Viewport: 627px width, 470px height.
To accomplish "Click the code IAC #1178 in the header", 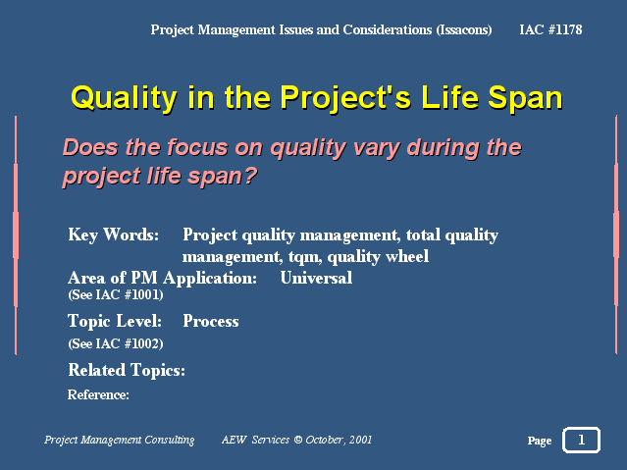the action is pyautogui.click(x=550, y=29).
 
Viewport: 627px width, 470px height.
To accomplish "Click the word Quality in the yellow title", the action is pyautogui.click(x=124, y=98).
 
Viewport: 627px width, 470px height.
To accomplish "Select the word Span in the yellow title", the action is pyautogui.click(x=525, y=98).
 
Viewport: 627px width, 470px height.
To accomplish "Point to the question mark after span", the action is pyautogui.click(x=251, y=176).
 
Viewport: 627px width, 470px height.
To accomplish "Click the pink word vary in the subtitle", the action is pyautogui.click(x=376, y=148).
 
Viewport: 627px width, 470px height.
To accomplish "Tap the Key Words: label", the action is pyautogui.click(x=114, y=235).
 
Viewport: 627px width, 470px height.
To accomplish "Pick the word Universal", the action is pyautogui.click(x=316, y=278).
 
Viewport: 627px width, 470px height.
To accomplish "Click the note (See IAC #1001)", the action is pyautogui.click(x=116, y=294).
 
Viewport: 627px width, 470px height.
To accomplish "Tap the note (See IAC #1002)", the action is pyautogui.click(x=116, y=343).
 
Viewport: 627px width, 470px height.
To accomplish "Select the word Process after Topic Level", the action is pyautogui.click(x=211, y=321).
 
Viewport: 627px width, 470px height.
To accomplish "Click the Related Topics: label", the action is pyautogui.click(x=127, y=370).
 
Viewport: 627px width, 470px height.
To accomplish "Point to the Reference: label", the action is pyautogui.click(x=98, y=394).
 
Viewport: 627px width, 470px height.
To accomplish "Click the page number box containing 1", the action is pyautogui.click(x=582, y=440).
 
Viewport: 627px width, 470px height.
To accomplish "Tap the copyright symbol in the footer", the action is pyautogui.click(x=298, y=440).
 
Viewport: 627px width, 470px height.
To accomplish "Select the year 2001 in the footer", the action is pyautogui.click(x=360, y=440).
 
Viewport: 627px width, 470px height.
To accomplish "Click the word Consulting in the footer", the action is pyautogui.click(x=170, y=440).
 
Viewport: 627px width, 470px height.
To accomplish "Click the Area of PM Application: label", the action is pyautogui.click(x=162, y=278).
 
